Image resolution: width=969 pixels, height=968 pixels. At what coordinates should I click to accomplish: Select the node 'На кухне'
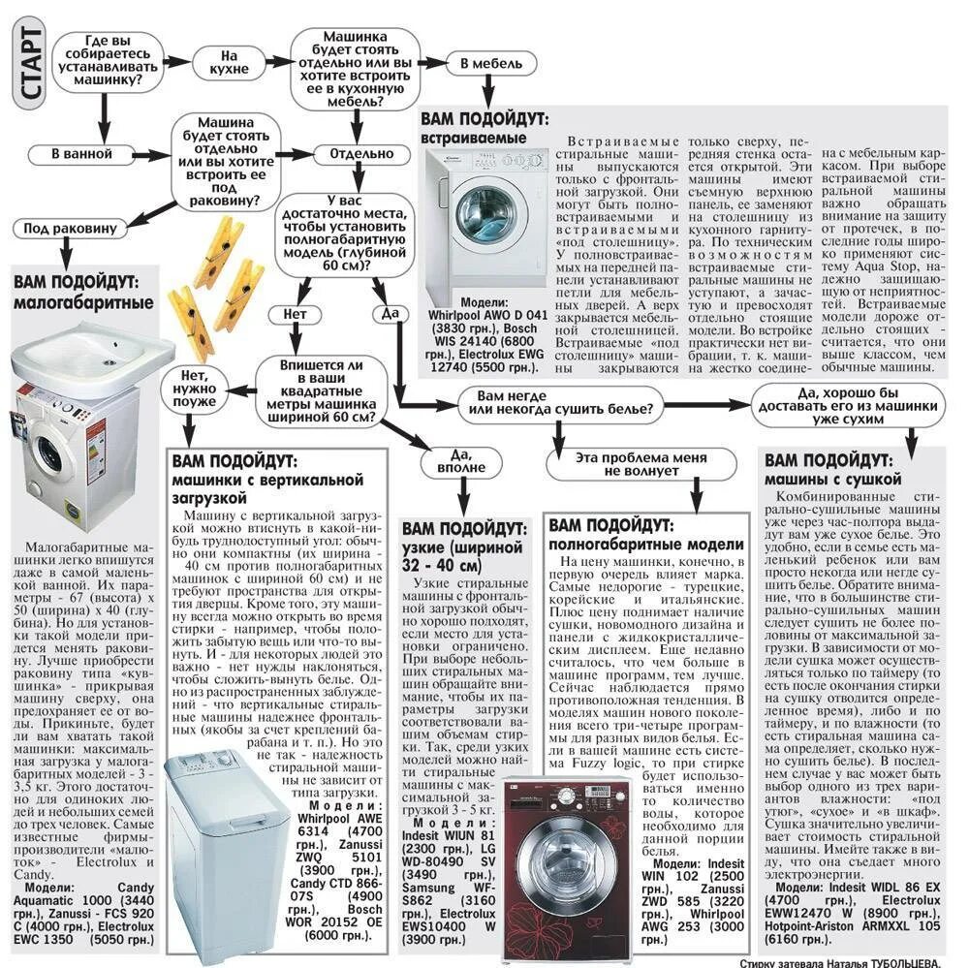click(x=229, y=63)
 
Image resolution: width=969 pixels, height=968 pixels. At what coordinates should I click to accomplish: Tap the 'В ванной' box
click(x=82, y=154)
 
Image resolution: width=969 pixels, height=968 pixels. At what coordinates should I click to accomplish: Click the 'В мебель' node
click(x=491, y=64)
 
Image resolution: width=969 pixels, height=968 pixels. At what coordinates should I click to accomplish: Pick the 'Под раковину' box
click(x=71, y=229)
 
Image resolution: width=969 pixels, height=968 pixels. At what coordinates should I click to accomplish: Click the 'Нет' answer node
click(x=295, y=315)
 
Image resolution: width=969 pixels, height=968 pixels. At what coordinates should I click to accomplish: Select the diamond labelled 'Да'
click(x=391, y=314)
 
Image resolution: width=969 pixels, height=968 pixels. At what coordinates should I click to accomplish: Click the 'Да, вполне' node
click(x=461, y=461)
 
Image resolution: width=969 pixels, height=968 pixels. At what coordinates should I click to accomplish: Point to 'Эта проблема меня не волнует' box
click(x=628, y=464)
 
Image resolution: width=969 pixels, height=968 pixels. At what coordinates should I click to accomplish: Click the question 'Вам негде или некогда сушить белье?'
click(x=560, y=402)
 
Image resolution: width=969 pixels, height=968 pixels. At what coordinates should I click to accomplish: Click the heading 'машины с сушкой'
click(x=832, y=480)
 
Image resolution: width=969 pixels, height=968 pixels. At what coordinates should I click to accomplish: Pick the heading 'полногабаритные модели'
click(x=646, y=545)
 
